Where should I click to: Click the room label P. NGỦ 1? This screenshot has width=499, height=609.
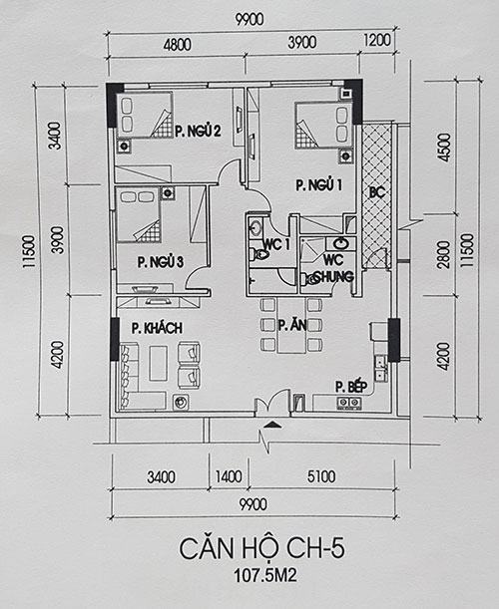coord(319,184)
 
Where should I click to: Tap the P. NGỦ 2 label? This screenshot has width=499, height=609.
coord(198,131)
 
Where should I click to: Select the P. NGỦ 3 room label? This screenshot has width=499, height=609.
coord(161,262)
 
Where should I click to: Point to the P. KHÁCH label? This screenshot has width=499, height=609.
coord(157,328)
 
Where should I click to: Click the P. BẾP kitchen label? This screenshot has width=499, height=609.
coord(351,387)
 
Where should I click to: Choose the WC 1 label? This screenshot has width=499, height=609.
coord(276,244)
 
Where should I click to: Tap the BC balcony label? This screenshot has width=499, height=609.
coord(377,192)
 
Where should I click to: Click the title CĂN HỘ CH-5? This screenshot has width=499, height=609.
coord(261,547)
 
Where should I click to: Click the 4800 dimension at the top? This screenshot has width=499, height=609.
coord(177,45)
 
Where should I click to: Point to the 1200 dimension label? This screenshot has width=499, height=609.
coord(377,40)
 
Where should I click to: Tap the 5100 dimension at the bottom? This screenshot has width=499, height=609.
coord(321,476)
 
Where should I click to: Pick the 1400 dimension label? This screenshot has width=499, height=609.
coord(229,476)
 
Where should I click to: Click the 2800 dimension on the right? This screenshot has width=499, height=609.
coord(444,254)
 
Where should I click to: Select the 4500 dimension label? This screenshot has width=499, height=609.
coord(444,148)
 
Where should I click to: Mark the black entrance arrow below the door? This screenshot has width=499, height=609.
coord(272,425)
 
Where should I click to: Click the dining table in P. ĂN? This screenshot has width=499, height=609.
coord(291,325)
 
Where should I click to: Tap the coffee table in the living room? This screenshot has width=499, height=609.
coord(158,363)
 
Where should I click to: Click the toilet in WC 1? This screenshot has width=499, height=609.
coord(260,254)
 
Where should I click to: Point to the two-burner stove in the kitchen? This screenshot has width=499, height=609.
coord(348,403)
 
